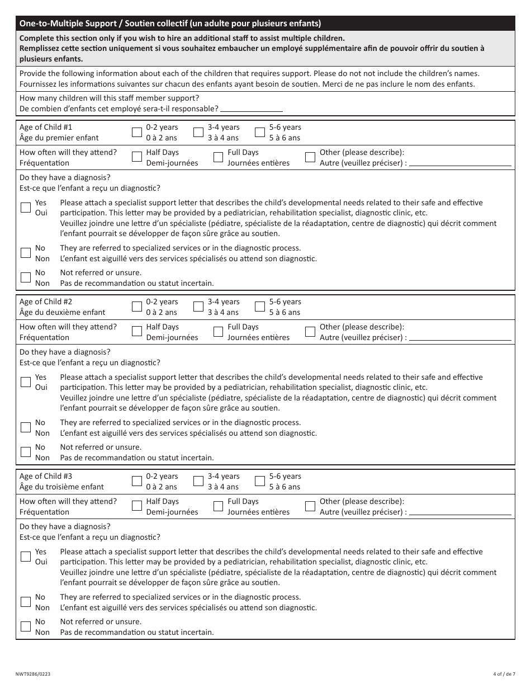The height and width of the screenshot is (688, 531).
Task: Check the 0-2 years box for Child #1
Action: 137,133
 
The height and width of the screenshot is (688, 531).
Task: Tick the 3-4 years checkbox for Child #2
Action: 198,307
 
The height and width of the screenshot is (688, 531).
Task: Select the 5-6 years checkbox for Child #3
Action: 260,482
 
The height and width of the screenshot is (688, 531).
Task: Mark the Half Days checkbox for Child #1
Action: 137,158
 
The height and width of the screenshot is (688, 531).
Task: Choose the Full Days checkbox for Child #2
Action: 218,332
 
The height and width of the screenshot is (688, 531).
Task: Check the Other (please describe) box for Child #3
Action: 310,507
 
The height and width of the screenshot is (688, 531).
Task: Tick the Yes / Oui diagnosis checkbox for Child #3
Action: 26,557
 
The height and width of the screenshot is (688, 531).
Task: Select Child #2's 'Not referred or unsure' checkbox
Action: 26,452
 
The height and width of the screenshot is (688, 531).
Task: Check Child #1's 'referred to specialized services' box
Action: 26,253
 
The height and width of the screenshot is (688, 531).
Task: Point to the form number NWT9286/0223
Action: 35,675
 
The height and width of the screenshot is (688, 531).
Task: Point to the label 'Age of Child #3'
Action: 46,476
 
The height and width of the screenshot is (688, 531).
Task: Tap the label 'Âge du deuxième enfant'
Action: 62,312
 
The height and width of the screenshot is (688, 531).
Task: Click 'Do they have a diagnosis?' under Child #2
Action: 65,352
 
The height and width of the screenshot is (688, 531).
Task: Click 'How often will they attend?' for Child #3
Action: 68,501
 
